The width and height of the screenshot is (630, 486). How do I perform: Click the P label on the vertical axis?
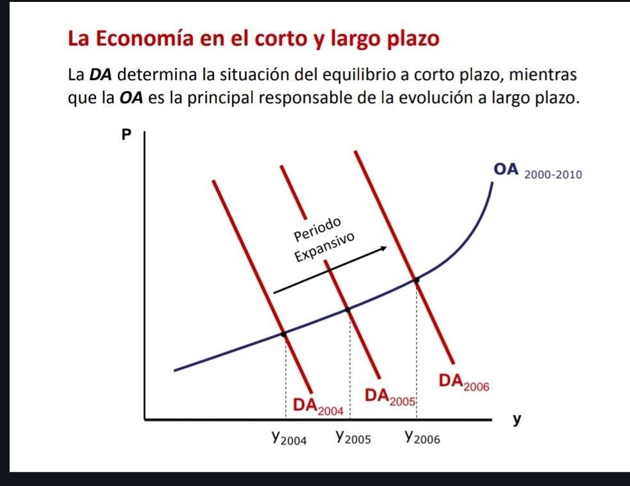tap(126, 135)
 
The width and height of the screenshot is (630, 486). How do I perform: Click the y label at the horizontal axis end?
tap(517, 421)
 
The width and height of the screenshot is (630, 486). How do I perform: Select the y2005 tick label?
tap(353, 438)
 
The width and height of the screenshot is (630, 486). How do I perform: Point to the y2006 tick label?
tap(422, 438)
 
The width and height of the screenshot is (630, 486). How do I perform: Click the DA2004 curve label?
tap(319, 405)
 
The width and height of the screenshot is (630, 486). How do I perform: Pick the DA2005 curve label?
tap(390, 396)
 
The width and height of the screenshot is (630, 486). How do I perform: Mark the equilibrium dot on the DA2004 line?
tap(284, 333)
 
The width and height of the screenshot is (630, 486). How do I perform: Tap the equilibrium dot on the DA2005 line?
tap(348, 310)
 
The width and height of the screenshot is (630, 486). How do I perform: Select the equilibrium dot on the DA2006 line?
tap(417, 280)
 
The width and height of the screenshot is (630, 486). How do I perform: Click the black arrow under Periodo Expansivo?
tap(331, 271)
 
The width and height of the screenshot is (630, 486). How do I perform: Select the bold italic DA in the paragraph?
tap(100, 74)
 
